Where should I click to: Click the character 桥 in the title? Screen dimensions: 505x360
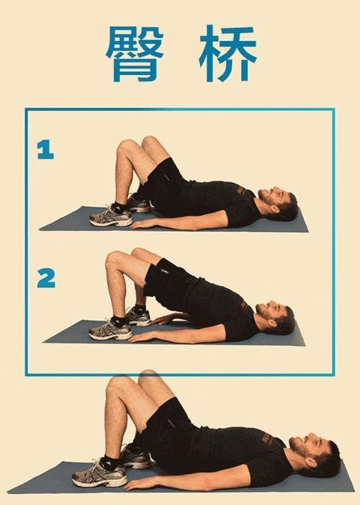pyautogui.click(x=228, y=54)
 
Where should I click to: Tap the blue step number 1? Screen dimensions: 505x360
pyautogui.click(x=46, y=150)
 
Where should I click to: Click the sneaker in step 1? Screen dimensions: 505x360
pyautogui.click(x=111, y=216)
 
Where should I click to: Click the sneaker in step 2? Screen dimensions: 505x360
pyautogui.click(x=110, y=330)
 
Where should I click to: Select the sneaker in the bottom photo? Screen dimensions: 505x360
pyautogui.click(x=99, y=474)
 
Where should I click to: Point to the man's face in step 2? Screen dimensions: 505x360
pyautogui.click(x=271, y=312)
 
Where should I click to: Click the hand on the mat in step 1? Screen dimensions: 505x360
pyautogui.click(x=144, y=224)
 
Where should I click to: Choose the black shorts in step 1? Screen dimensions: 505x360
pyautogui.click(x=163, y=184)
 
